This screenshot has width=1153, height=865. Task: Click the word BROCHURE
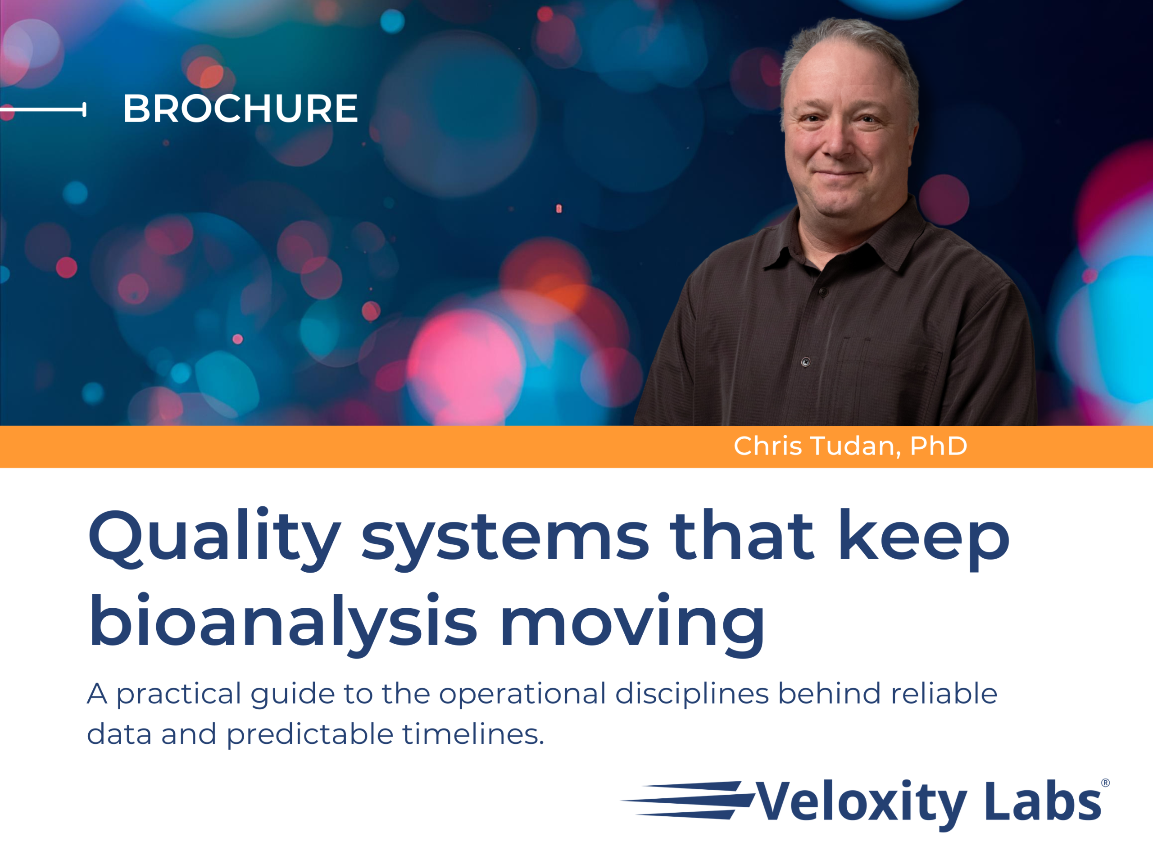point(241,109)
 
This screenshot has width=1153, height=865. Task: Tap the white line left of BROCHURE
point(43,109)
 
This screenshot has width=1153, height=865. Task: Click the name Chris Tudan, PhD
point(850,446)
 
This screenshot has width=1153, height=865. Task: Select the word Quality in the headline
point(214,538)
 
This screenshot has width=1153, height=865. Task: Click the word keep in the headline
point(924,539)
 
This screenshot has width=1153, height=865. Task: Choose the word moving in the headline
point(632,625)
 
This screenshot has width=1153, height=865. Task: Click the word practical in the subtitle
point(179,695)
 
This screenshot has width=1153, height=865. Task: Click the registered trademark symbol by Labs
point(1105,783)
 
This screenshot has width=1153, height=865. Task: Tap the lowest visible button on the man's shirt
point(806,362)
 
